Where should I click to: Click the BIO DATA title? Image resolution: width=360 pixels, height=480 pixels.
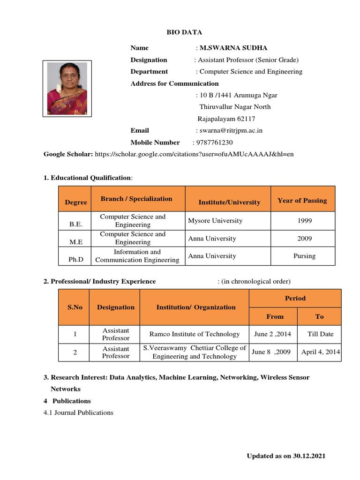184,32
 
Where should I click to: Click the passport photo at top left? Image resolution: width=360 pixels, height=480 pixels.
67,88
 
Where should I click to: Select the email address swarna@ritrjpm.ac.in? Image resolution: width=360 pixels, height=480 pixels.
231,130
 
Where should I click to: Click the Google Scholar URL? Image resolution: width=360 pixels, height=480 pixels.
194,154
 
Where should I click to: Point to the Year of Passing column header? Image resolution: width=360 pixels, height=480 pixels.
302,200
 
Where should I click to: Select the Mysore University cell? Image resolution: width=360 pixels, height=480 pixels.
216,220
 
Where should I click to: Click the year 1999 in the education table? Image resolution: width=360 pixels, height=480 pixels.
304,220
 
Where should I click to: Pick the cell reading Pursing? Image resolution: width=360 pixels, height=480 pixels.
304,256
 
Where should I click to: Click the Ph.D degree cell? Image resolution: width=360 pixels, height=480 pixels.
75,259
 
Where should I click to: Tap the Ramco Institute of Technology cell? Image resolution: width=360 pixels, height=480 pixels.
195,334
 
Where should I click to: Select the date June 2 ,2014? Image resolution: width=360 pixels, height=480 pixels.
272,334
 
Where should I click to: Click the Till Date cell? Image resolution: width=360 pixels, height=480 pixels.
320,334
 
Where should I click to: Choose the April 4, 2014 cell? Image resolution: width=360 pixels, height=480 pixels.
321,352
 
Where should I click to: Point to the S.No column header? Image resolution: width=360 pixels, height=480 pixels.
75,307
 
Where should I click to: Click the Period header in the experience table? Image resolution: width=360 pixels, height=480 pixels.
295,298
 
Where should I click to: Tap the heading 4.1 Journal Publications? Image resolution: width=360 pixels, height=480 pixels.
78,412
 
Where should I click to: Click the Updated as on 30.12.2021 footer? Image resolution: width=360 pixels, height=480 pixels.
286,456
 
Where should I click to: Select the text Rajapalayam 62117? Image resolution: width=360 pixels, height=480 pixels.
226,119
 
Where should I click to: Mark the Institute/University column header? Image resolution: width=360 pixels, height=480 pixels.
229,202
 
